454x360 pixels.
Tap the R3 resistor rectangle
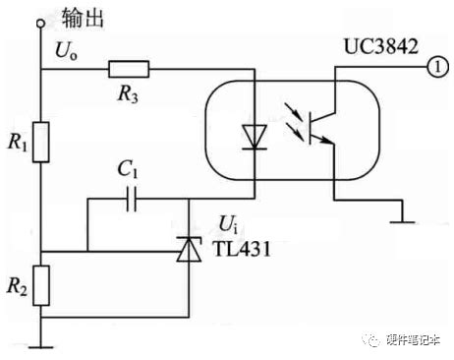(x=128, y=69)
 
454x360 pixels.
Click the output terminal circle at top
(x=41, y=21)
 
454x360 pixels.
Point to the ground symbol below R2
(x=41, y=344)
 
